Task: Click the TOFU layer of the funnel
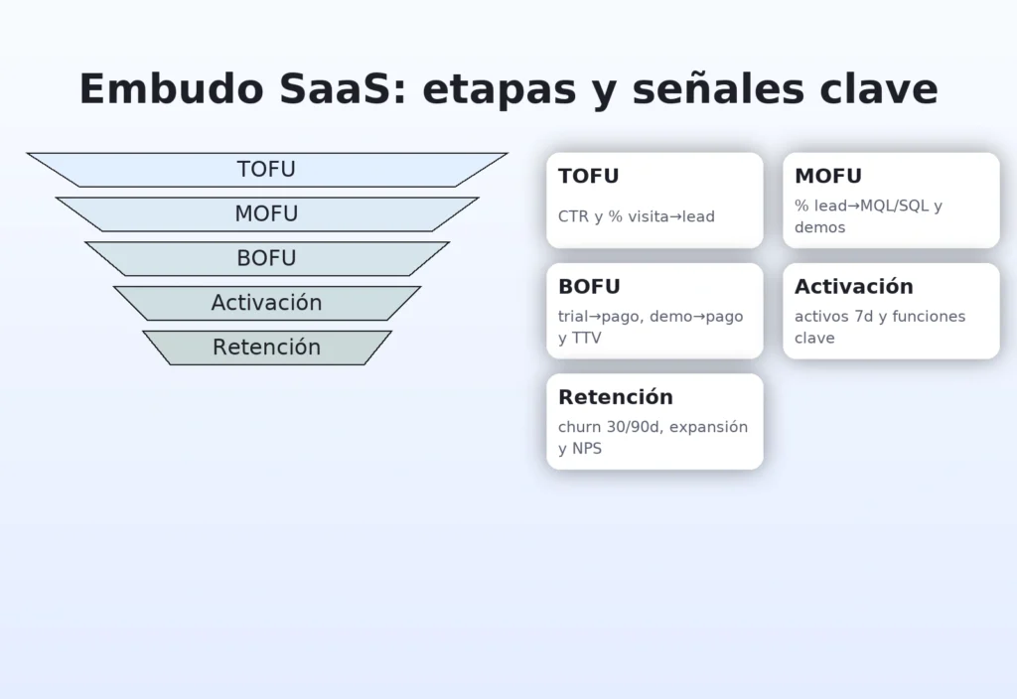point(266,170)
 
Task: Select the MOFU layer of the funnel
point(266,214)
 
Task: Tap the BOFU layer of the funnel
point(266,259)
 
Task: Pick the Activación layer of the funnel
point(266,303)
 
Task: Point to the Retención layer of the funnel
point(266,348)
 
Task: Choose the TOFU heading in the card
point(589,177)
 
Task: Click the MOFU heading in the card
point(828,177)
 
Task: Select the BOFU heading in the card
point(589,287)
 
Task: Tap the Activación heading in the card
point(853,287)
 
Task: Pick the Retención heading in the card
point(616,397)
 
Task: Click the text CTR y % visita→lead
point(636,216)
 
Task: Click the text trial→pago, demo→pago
point(651,317)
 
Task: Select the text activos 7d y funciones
point(879,317)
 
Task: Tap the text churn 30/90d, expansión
point(653,427)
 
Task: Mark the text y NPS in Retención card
point(580,449)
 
